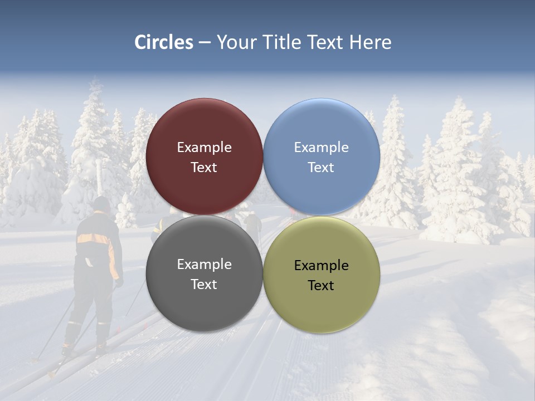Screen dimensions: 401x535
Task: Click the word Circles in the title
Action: point(164,42)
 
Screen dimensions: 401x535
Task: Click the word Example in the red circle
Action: point(204,148)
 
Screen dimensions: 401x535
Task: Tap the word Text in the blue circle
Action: point(321,168)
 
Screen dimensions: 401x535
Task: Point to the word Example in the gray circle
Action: point(204,265)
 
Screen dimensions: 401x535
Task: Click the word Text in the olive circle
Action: point(321,286)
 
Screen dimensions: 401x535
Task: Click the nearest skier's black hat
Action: point(101,204)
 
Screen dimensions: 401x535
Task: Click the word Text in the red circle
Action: point(204,168)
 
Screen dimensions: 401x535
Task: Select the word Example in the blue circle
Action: point(321,148)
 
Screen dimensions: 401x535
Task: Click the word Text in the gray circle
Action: point(204,285)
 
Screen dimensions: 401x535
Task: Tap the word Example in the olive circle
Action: point(321,266)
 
